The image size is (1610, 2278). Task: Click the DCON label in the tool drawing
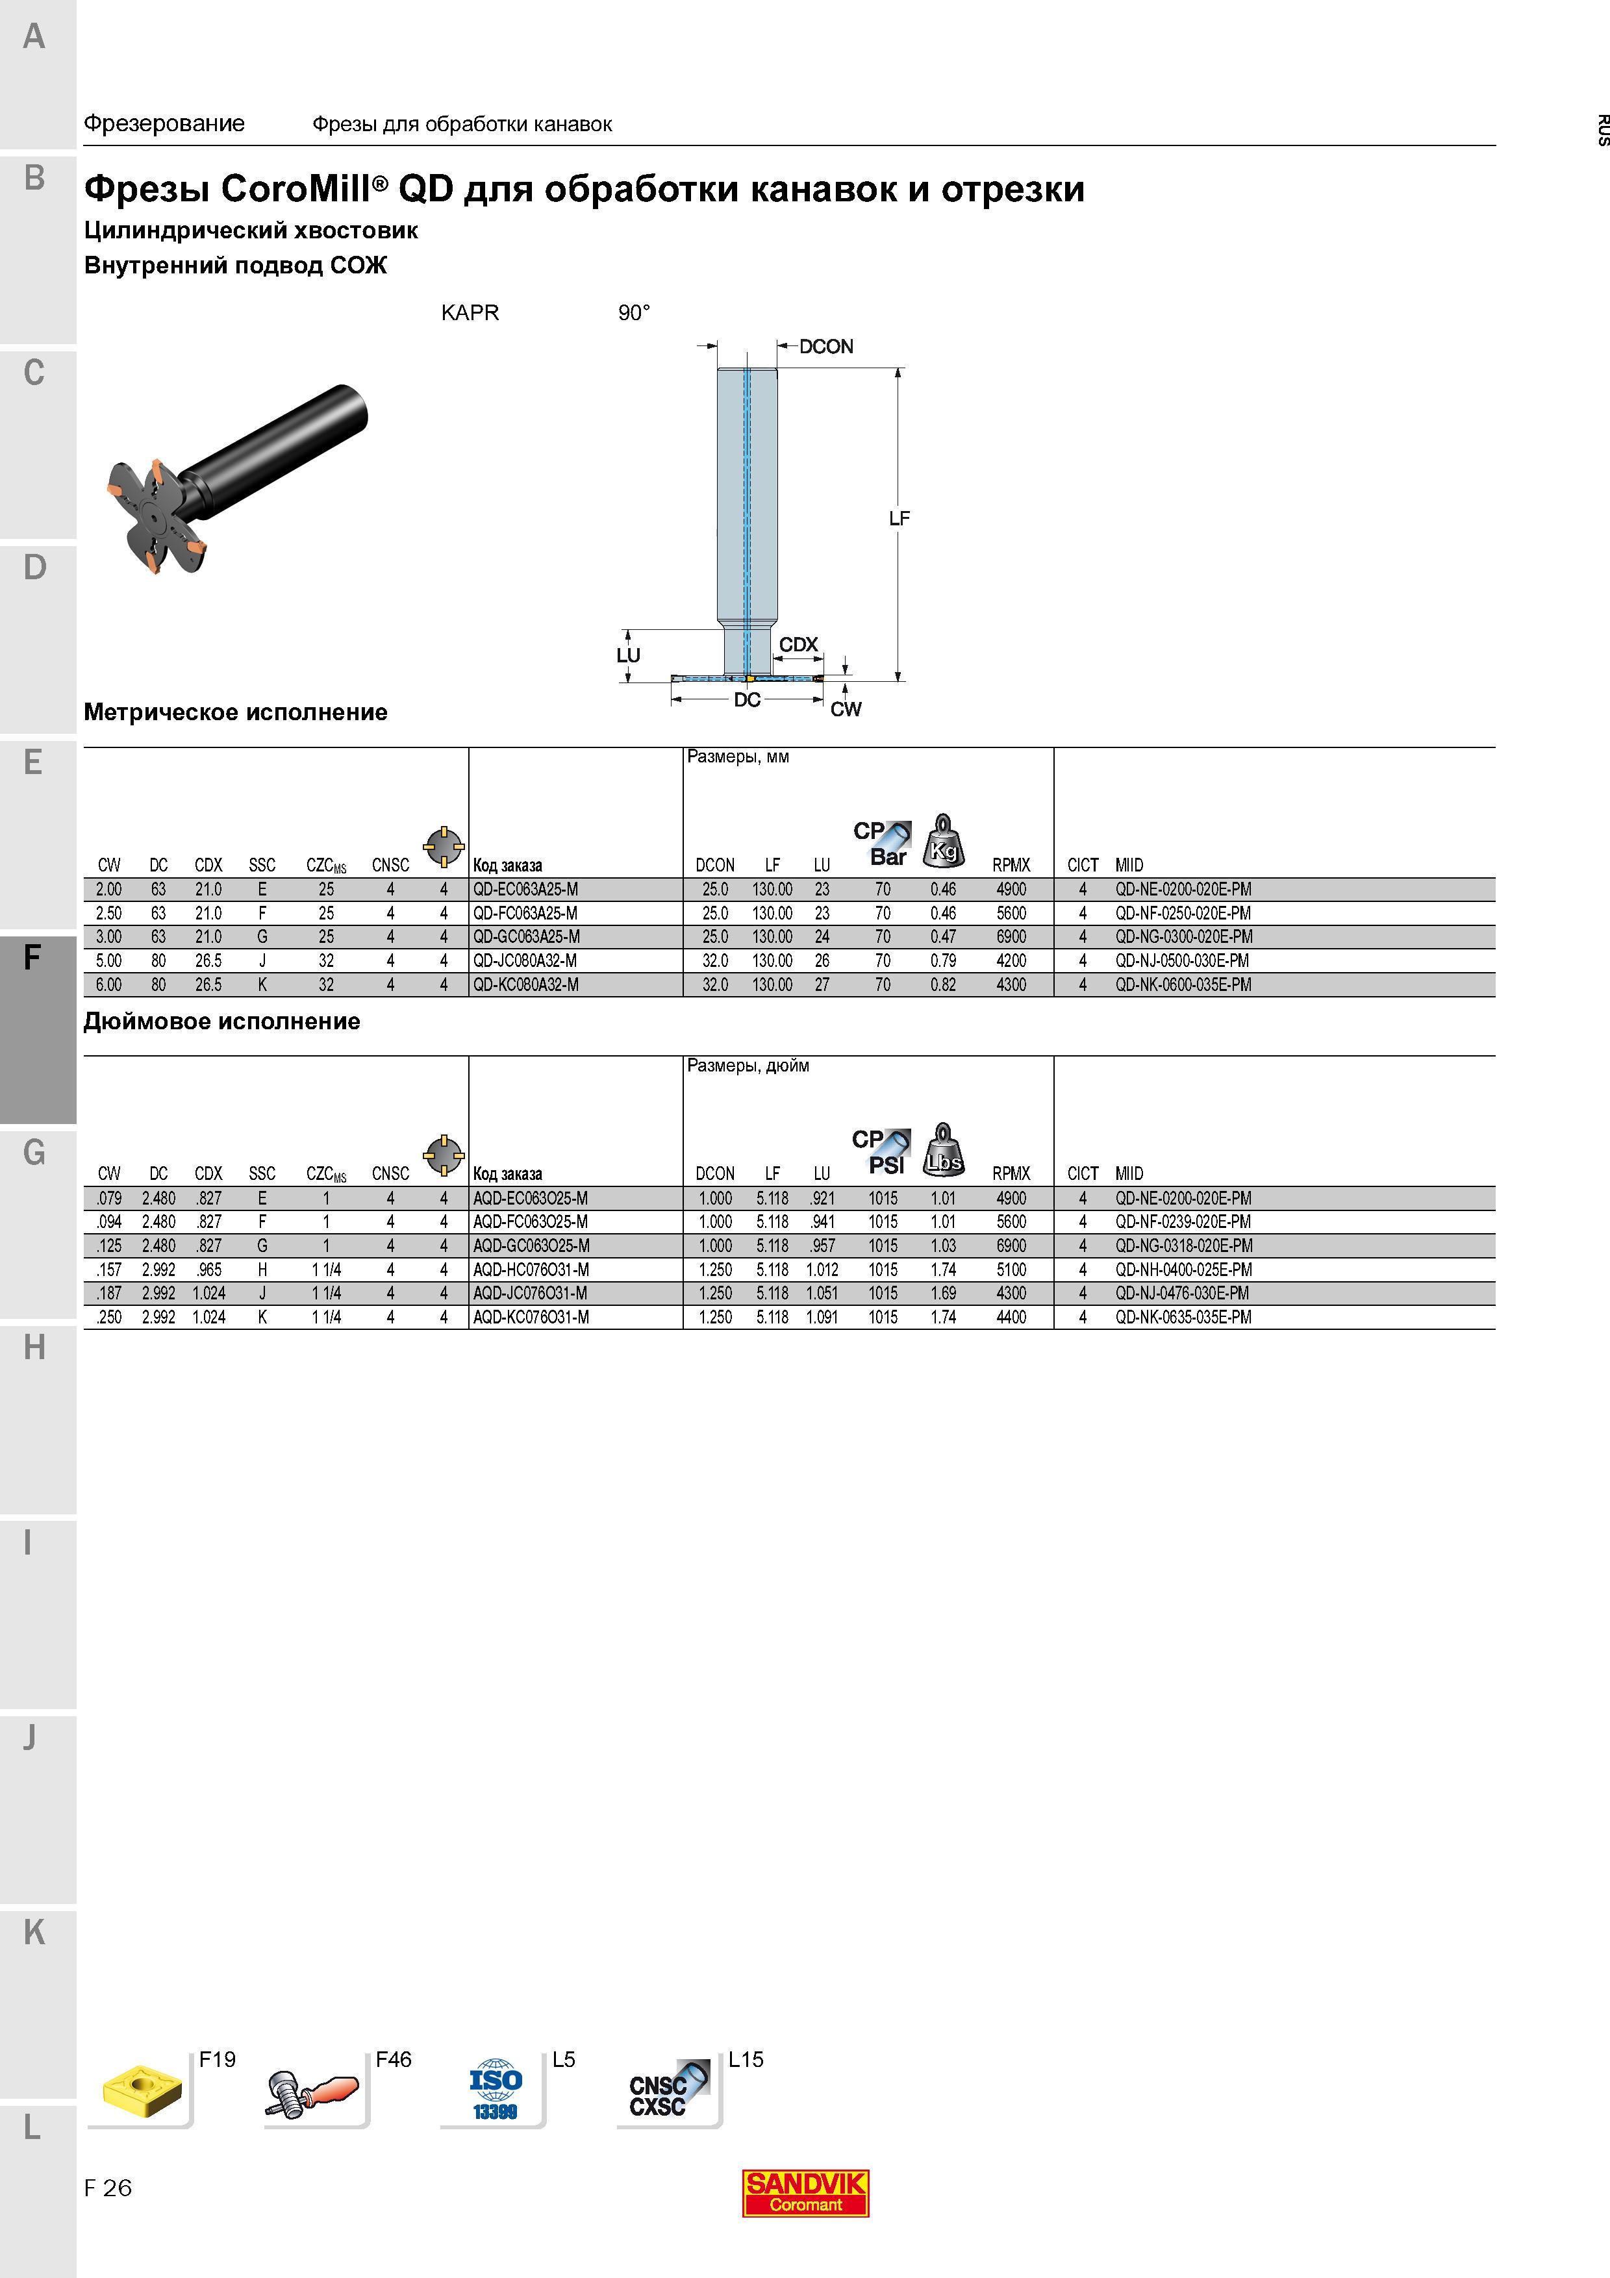coord(826,346)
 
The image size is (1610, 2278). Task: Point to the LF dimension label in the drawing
coord(899,518)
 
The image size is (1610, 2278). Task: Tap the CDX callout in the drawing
coord(799,645)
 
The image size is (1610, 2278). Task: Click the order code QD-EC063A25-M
coord(525,889)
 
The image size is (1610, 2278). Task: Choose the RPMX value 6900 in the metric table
coord(1011,936)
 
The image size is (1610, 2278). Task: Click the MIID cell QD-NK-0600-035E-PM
coord(1183,984)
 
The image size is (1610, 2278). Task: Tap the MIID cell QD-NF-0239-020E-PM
coord(1183,1222)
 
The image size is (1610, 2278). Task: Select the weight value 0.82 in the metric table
coord(944,984)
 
